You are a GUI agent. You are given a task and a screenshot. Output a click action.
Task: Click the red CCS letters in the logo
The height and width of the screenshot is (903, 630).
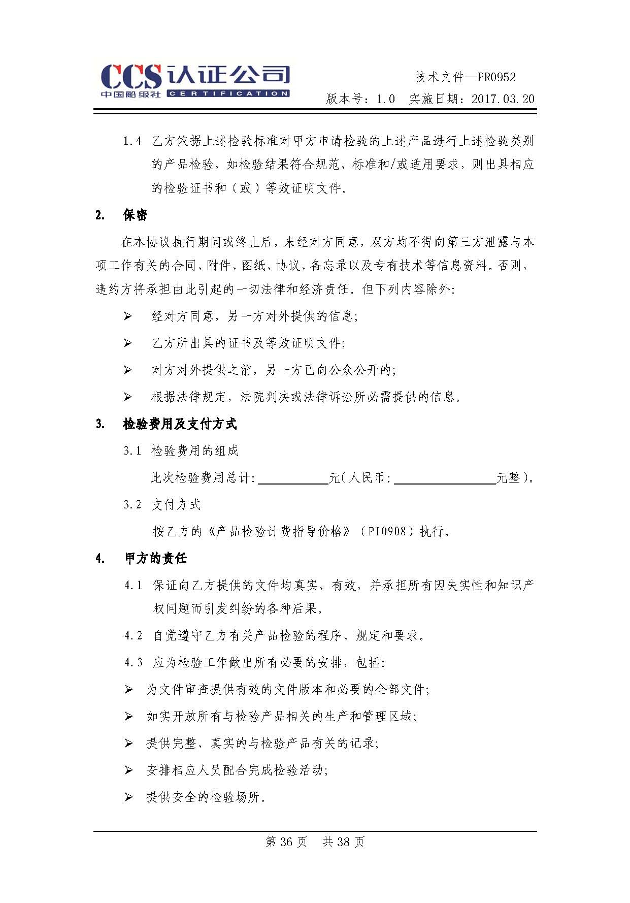point(131,77)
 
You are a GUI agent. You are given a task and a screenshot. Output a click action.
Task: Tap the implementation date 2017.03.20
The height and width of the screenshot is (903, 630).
point(503,99)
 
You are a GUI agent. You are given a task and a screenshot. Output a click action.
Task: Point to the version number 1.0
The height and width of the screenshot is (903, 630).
point(385,99)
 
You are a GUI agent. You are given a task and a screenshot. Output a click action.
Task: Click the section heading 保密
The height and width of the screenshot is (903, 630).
point(135,215)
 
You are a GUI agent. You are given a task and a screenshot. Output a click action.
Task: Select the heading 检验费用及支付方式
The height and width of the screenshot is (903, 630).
point(180,424)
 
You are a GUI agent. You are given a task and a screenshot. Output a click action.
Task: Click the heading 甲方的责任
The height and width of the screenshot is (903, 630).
point(156,559)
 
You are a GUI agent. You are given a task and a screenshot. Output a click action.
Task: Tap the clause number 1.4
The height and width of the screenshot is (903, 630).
point(132,141)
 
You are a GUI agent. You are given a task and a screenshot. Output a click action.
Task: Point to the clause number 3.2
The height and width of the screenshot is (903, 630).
point(132,505)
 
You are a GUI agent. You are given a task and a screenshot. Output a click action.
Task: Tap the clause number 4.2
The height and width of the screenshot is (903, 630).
point(134,636)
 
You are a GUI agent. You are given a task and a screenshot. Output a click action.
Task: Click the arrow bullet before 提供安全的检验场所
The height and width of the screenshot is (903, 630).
point(128,797)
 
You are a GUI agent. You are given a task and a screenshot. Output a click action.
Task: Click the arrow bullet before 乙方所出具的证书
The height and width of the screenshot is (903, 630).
point(127,343)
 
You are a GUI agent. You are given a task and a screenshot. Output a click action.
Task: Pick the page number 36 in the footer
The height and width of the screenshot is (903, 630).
point(286,842)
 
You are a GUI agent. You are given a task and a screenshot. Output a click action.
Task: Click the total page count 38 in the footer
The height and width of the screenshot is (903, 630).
point(343,842)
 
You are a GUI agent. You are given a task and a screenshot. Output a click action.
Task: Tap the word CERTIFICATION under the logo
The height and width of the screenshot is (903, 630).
point(228,94)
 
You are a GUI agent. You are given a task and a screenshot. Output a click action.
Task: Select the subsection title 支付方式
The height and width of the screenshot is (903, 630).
point(176,505)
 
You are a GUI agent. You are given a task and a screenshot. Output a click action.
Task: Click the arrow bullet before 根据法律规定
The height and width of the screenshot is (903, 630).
point(127,397)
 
